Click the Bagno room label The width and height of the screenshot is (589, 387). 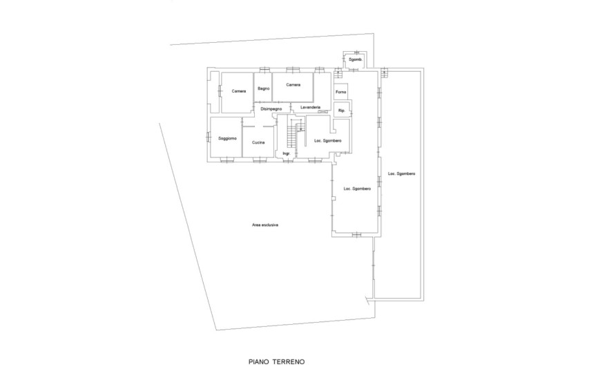tap(264, 88)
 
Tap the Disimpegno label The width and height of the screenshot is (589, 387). tap(271, 109)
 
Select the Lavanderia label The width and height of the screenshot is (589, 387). tap(310, 107)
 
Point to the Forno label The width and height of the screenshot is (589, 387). tap(340, 92)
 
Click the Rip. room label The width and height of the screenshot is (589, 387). tap(342, 111)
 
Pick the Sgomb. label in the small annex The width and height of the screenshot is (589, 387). tap(356, 60)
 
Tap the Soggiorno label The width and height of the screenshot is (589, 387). tap(228, 138)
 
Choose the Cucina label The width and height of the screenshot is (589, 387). tap(258, 142)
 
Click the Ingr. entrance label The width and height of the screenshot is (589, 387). tap(287, 153)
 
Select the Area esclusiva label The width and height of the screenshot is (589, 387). tap(265, 225)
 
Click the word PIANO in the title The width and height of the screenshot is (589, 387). tap(259, 362)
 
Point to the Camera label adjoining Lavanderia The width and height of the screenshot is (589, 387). tap(293, 85)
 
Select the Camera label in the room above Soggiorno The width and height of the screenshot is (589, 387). tap(239, 91)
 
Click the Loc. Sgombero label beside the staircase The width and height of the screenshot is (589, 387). tap(328, 141)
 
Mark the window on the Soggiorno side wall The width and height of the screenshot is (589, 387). tap(208, 137)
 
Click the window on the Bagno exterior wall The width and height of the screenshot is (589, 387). tap(264, 69)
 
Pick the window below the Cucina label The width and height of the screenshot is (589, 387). tap(259, 160)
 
